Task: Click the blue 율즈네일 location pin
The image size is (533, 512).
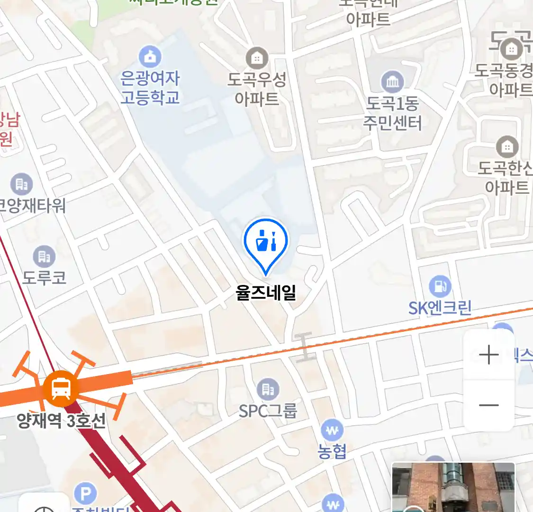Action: tap(266, 242)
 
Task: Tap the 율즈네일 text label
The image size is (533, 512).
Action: tap(266, 292)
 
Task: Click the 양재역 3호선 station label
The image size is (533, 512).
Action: tap(61, 421)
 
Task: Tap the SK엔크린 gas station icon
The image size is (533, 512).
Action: tap(440, 286)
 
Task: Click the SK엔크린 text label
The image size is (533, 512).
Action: tap(440, 308)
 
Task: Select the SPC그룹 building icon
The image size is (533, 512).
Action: tap(268, 390)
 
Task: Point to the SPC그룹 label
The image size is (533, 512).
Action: tap(268, 411)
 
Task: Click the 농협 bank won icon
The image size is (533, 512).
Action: tap(332, 430)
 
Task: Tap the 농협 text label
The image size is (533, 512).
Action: tap(332, 451)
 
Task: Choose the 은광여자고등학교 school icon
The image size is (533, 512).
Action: tap(150, 57)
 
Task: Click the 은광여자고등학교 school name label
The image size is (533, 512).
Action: tap(150, 88)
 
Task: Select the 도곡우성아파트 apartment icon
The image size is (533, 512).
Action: tap(257, 58)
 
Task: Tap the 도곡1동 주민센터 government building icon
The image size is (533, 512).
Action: tap(392, 82)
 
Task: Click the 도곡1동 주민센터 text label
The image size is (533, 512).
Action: tap(392, 113)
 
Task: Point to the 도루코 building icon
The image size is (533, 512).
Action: tap(44, 256)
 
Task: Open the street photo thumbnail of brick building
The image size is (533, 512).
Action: tap(453, 487)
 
